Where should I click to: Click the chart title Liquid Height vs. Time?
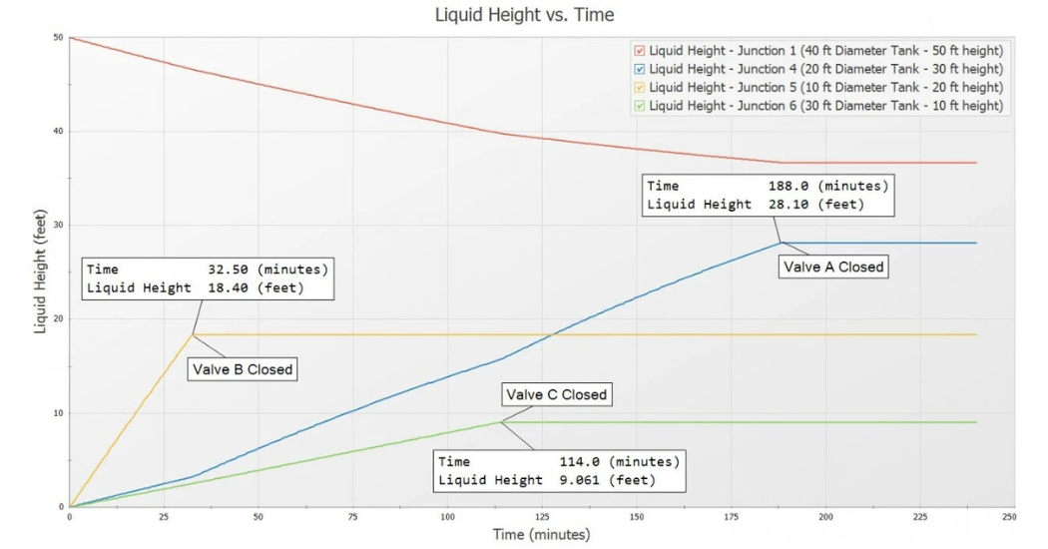point(523,15)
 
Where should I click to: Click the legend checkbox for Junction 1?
point(640,50)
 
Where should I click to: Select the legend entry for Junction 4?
point(825,69)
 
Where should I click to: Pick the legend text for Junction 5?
point(825,88)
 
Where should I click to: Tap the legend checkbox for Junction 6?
point(640,107)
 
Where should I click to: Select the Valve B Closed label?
point(244,369)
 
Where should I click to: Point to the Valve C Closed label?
point(556,394)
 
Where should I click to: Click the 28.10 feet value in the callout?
point(824,205)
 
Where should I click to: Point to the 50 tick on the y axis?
point(58,38)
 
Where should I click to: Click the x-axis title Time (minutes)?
point(540,536)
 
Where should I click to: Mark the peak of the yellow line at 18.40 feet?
point(193,334)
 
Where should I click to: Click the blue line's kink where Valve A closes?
point(781,243)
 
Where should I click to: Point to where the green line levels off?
point(500,422)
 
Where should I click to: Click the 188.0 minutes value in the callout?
point(824,186)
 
